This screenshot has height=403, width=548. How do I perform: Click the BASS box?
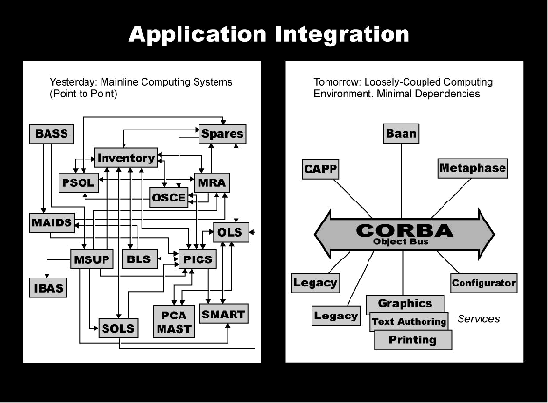coord(51,133)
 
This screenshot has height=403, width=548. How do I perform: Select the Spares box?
coord(222,133)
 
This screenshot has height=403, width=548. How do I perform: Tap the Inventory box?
coord(125,158)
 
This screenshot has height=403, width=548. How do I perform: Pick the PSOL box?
coord(78,182)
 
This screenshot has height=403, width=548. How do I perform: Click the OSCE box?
coord(168,198)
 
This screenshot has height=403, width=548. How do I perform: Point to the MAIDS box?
coord(52,222)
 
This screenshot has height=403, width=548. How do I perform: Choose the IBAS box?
coord(48,288)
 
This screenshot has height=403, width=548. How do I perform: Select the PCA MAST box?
coord(174,322)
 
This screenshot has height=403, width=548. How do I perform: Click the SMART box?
coord(224,314)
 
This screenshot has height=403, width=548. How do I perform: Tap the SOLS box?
coord(118,328)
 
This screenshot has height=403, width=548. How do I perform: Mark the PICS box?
coord(198,259)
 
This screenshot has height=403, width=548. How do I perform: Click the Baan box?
coord(401,133)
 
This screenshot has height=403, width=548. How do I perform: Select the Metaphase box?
coord(473,168)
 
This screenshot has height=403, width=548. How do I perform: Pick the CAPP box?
coord(320,169)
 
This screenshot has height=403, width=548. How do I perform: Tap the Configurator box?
coord(483,282)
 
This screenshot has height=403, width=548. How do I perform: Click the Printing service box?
coord(413,339)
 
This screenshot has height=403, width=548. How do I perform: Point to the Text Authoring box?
coord(409,321)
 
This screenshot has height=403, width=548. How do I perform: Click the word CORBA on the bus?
coord(405,230)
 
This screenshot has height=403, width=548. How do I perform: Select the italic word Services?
coord(479,318)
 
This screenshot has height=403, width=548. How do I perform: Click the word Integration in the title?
coord(342,34)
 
